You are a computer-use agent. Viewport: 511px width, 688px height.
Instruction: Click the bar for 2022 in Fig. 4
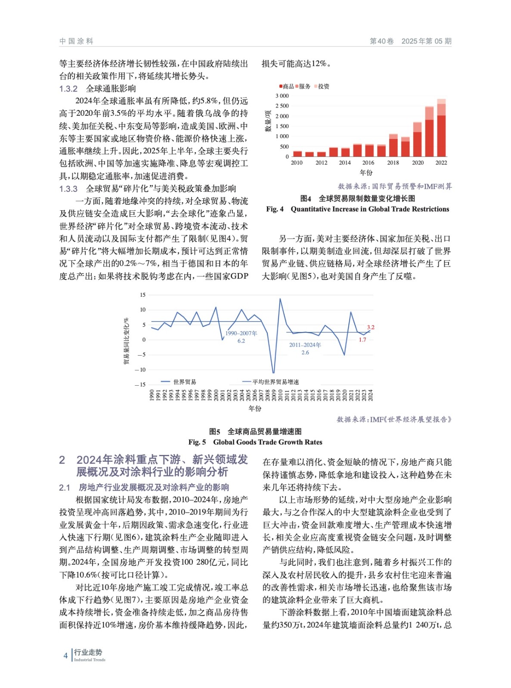tap(441, 129)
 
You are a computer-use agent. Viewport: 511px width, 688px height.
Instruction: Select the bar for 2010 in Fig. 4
tap(297, 154)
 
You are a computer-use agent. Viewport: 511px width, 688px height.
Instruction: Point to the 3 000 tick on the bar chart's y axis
tap(282, 96)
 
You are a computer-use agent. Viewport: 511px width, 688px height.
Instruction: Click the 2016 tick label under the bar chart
tap(368, 163)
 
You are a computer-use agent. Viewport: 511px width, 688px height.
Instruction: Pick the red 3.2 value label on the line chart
tap(370, 327)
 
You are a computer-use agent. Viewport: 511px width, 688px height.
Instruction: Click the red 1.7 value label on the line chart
tap(362, 340)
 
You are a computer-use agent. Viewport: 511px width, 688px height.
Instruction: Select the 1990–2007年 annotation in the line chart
tap(241, 333)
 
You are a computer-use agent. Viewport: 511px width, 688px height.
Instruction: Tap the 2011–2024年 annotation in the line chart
tap(305, 345)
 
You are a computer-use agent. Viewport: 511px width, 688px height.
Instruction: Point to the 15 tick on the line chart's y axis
tap(142, 295)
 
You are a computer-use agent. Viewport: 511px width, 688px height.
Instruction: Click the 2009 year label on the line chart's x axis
tap(274, 395)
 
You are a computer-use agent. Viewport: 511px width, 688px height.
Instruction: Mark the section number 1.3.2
tap(68, 89)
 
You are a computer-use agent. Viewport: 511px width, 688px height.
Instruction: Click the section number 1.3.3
tap(68, 189)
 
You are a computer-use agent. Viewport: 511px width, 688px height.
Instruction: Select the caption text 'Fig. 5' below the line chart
tap(197, 442)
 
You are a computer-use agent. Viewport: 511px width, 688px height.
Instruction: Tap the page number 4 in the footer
tap(65, 656)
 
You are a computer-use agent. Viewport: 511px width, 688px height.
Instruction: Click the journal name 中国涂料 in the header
tap(76, 41)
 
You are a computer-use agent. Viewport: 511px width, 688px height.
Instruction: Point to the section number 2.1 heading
tap(65, 488)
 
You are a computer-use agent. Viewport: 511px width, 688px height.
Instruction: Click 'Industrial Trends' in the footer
tap(90, 660)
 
